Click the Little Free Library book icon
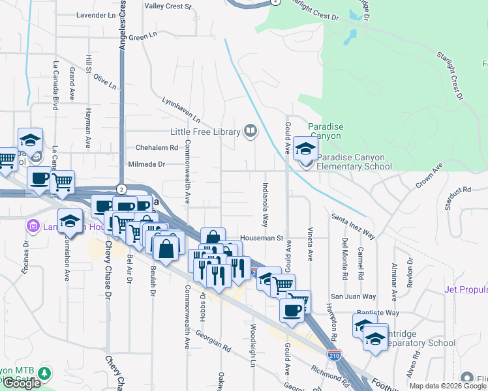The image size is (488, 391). (x=250, y=132)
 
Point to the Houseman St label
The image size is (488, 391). (x=260, y=239)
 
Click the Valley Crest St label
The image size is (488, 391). (x=168, y=7)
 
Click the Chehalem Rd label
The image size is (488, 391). (x=157, y=148)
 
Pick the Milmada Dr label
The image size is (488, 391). (x=147, y=164)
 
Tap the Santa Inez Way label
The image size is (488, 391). (x=353, y=225)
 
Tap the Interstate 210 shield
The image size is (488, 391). (x=334, y=356)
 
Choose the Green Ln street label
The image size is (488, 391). (x=140, y=38)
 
